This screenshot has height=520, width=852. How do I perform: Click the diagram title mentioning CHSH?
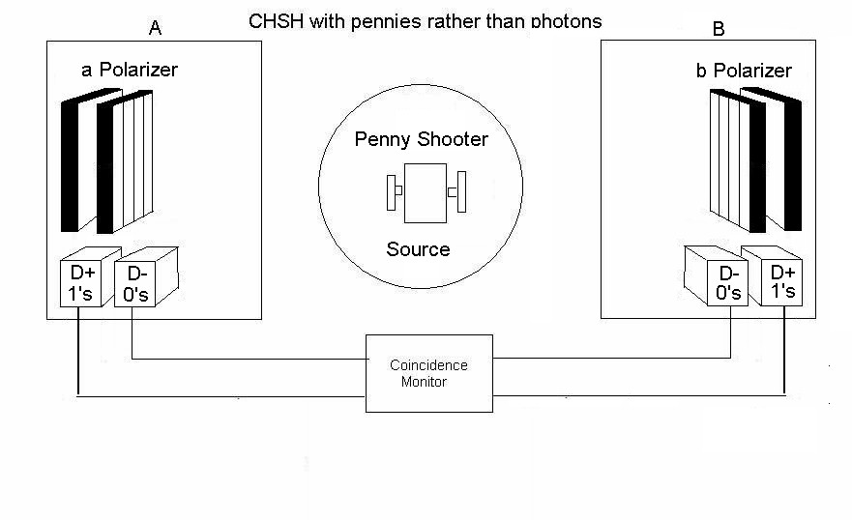click(x=426, y=21)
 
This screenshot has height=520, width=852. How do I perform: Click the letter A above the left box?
click(x=155, y=27)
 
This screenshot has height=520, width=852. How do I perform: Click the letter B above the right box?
click(x=718, y=29)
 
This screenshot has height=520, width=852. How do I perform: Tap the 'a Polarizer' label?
click(x=130, y=70)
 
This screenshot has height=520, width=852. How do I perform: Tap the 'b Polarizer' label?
click(x=744, y=71)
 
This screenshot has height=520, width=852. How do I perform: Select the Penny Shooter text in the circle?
click(x=421, y=139)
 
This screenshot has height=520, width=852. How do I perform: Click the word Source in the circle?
click(x=418, y=249)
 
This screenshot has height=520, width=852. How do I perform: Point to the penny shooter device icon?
click(x=426, y=192)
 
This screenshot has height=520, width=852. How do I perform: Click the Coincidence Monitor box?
click(x=428, y=373)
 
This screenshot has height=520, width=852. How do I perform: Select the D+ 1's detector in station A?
click(x=81, y=283)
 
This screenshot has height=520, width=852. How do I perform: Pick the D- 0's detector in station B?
click(x=727, y=282)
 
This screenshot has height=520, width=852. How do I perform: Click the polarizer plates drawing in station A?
click(x=106, y=159)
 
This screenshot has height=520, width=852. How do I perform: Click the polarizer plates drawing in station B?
click(x=755, y=159)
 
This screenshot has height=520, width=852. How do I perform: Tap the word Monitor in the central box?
click(x=424, y=382)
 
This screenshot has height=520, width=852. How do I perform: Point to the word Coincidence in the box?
click(x=428, y=365)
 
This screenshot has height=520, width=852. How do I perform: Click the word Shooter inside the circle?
click(x=454, y=139)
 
